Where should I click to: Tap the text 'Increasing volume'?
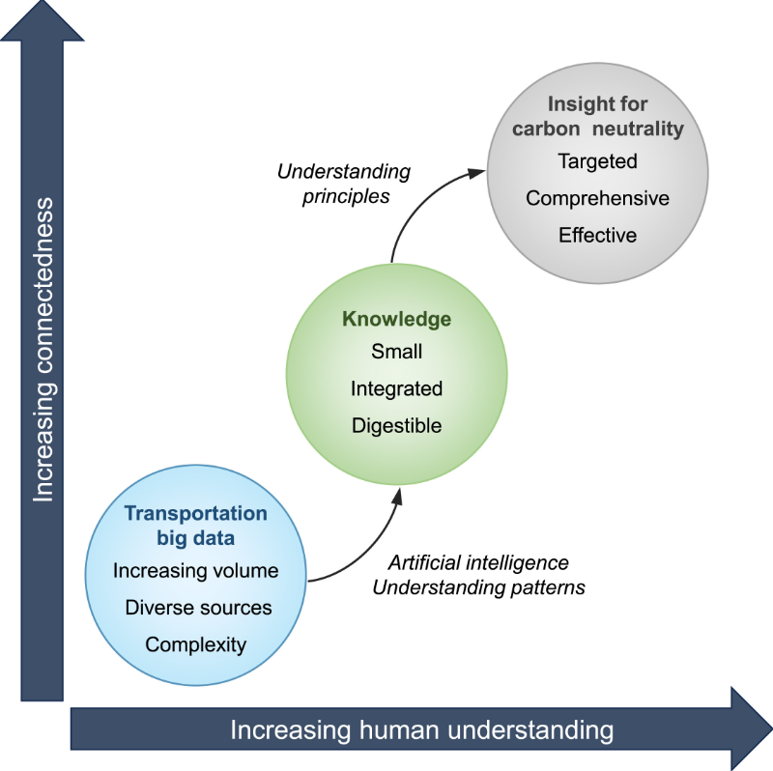(195, 571)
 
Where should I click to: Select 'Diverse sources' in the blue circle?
(198, 608)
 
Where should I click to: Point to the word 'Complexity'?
(196, 644)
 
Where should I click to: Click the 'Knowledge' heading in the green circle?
(396, 318)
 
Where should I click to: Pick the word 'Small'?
(396, 352)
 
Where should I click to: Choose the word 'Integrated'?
(396, 388)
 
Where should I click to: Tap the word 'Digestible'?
(396, 425)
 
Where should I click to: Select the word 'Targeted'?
(597, 161)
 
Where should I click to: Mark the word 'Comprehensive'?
(597, 198)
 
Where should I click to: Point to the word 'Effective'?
(597, 235)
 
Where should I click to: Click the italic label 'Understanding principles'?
(343, 184)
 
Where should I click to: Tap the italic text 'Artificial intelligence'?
(478, 562)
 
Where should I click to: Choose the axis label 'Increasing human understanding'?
(421, 729)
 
